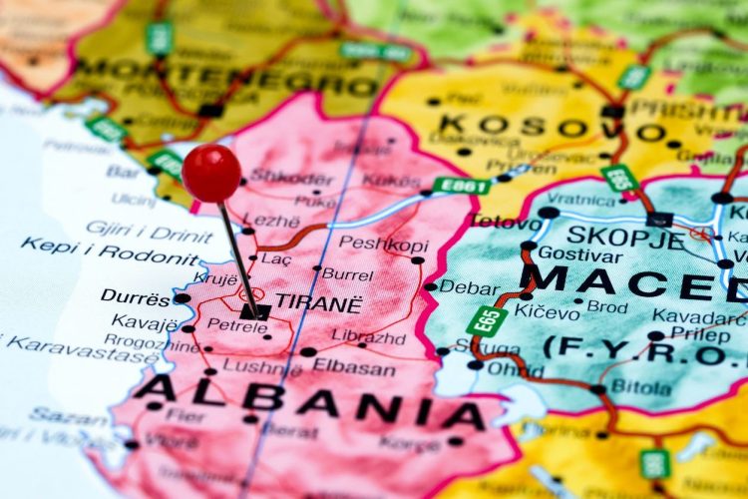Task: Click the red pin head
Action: [211, 173]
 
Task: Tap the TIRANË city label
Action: [318, 301]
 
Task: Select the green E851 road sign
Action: [461, 185]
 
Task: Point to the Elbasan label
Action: [355, 365]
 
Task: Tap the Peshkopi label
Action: [384, 244]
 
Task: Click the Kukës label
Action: [391, 180]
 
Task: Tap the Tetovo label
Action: [506, 221]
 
